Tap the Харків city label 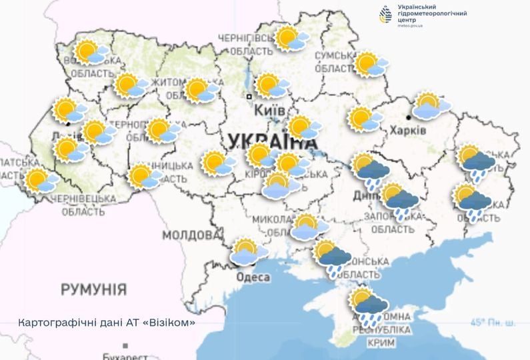(408, 130)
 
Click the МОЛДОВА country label (191, 235)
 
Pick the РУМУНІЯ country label (93, 289)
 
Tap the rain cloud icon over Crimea (369, 306)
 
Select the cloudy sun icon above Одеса (249, 252)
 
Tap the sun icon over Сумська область (371, 65)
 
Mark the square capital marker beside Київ (249, 97)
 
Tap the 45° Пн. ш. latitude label (493, 323)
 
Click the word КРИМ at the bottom (381, 342)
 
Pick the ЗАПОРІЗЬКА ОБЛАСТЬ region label (392, 223)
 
